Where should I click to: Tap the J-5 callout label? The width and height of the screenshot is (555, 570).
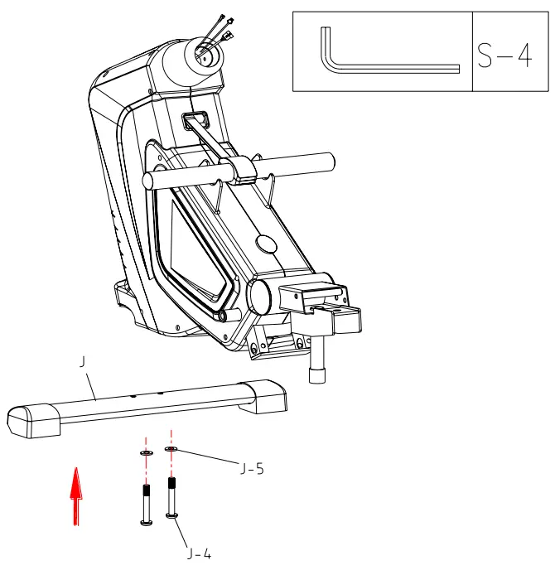coord(252,469)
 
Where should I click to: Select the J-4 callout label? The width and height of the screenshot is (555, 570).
coord(199,553)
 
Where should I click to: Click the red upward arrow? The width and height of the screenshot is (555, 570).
coord(76,495)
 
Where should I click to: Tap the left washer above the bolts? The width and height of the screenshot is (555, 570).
coord(146,454)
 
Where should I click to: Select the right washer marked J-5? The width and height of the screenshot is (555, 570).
coord(171,449)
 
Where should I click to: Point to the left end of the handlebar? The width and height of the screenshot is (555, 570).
coord(149,180)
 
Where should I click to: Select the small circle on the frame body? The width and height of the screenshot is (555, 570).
coord(268,243)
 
